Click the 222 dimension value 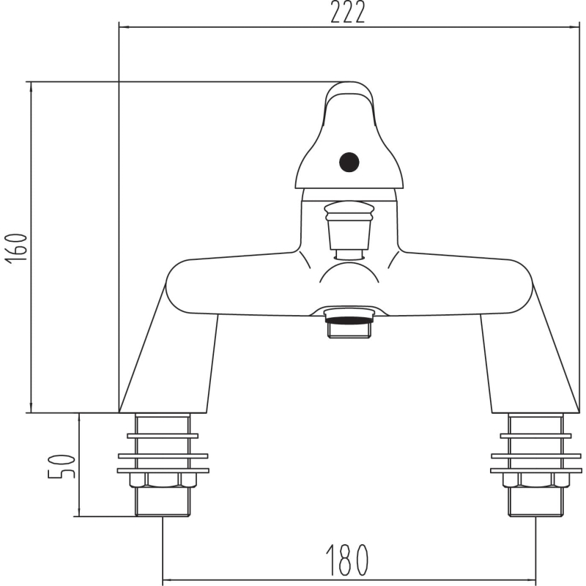pos(347,12)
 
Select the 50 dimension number pos(62,467)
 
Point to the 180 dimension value pos(347,560)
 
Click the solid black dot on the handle pos(349,163)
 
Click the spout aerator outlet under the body pos(349,323)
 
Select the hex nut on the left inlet pos(163,481)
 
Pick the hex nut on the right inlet pos(536,481)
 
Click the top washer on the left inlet pos(163,436)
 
